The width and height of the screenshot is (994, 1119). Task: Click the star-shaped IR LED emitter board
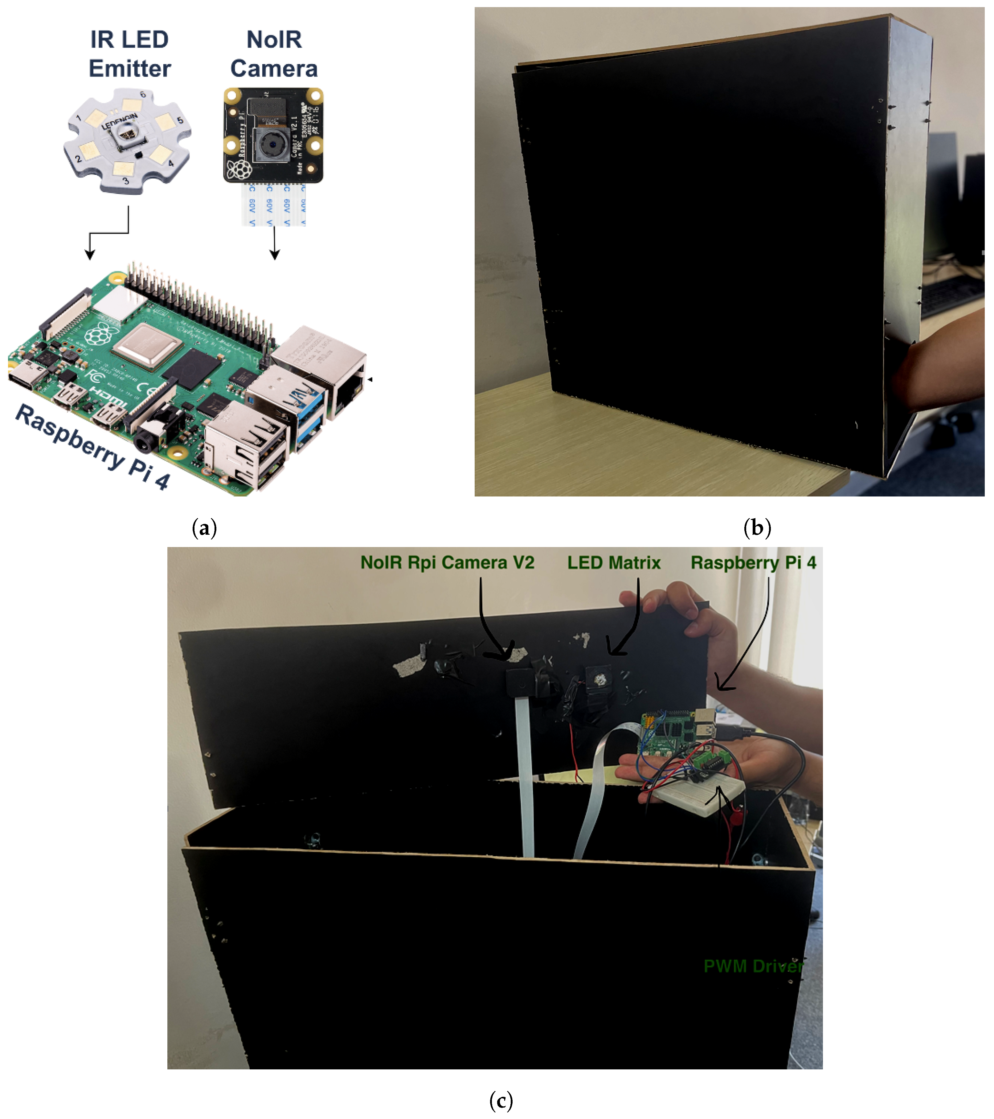(127, 141)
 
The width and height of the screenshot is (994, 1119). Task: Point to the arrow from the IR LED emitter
(109, 233)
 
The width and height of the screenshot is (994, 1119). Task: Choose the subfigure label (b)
(757, 528)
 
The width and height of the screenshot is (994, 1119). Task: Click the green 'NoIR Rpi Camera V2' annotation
(447, 563)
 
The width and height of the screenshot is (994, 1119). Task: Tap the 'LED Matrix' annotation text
(613, 563)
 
